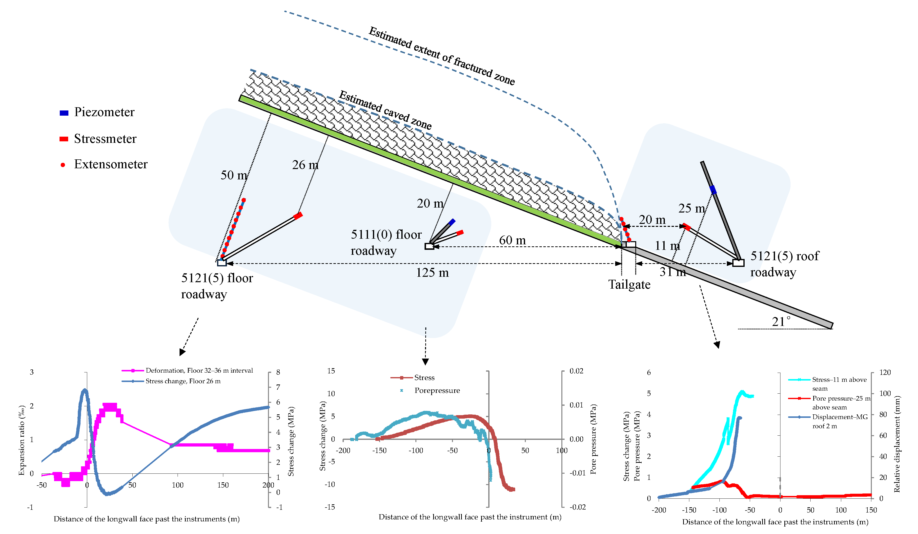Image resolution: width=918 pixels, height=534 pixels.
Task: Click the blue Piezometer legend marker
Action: click(x=64, y=113)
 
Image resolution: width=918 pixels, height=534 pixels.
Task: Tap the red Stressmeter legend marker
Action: click(x=64, y=139)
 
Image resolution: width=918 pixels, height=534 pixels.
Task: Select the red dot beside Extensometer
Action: click(x=63, y=165)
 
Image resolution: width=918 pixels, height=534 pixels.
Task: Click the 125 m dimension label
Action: click(x=432, y=273)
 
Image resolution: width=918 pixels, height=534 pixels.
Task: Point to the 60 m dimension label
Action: click(x=512, y=240)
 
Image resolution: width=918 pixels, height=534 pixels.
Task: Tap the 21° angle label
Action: click(x=781, y=321)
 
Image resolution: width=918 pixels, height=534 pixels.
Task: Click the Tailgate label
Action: click(x=629, y=284)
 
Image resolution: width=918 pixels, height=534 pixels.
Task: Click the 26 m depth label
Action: click(x=305, y=165)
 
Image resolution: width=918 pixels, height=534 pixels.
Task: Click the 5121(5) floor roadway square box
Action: click(x=222, y=262)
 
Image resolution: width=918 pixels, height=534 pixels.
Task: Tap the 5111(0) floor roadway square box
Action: click(x=429, y=246)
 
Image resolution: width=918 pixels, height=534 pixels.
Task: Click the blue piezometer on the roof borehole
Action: click(x=713, y=190)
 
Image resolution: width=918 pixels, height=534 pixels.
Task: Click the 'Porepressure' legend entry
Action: click(x=437, y=390)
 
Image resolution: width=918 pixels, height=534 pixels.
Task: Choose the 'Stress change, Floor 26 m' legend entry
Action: click(x=183, y=381)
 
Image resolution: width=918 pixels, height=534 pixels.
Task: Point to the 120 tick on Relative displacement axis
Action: click(x=885, y=373)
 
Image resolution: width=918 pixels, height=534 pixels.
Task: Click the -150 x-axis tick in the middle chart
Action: click(x=379, y=450)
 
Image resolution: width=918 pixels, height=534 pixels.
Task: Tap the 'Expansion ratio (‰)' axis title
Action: click(x=22, y=440)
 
